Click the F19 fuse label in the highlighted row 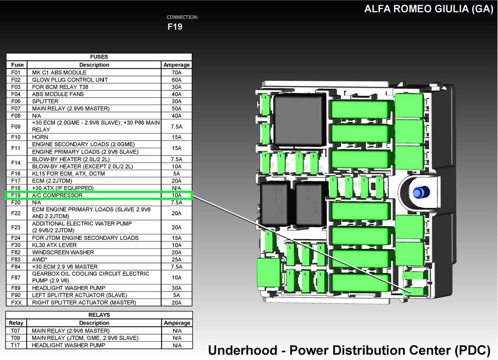click(16, 195)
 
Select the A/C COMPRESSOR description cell click(57, 195)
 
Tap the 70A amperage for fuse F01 click(176, 73)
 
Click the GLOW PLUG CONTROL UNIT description click(70, 80)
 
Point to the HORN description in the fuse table click(40, 137)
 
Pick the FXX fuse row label click(16, 303)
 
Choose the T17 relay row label click(15, 345)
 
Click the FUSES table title click(99, 57)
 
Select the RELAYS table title click(99, 315)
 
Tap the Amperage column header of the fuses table click(177, 65)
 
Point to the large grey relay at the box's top click(300, 119)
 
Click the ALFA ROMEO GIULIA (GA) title click(429, 9)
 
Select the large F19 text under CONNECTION click(175, 27)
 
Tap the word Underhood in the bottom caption click(242, 350)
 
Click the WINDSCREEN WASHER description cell click(63, 253)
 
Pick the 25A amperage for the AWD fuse click(176, 260)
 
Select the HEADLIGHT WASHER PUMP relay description click(68, 345)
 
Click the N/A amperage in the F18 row click(176, 188)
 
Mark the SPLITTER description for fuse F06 click(45, 101)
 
